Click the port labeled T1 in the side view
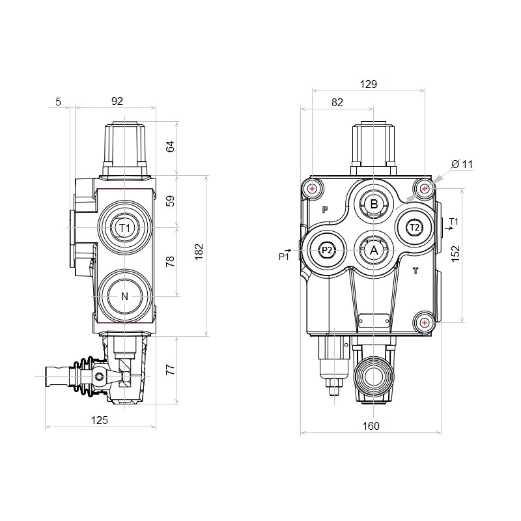(x=126, y=228)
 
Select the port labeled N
(x=125, y=297)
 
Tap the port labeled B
(x=374, y=204)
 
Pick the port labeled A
(x=374, y=250)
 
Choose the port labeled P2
(x=327, y=250)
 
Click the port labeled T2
(x=415, y=227)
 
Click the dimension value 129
(x=369, y=84)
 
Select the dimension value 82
(x=337, y=102)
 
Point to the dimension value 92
(x=117, y=101)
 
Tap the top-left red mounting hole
(x=313, y=190)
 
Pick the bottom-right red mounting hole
(x=425, y=322)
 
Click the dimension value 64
(x=171, y=145)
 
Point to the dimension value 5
(x=59, y=101)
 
